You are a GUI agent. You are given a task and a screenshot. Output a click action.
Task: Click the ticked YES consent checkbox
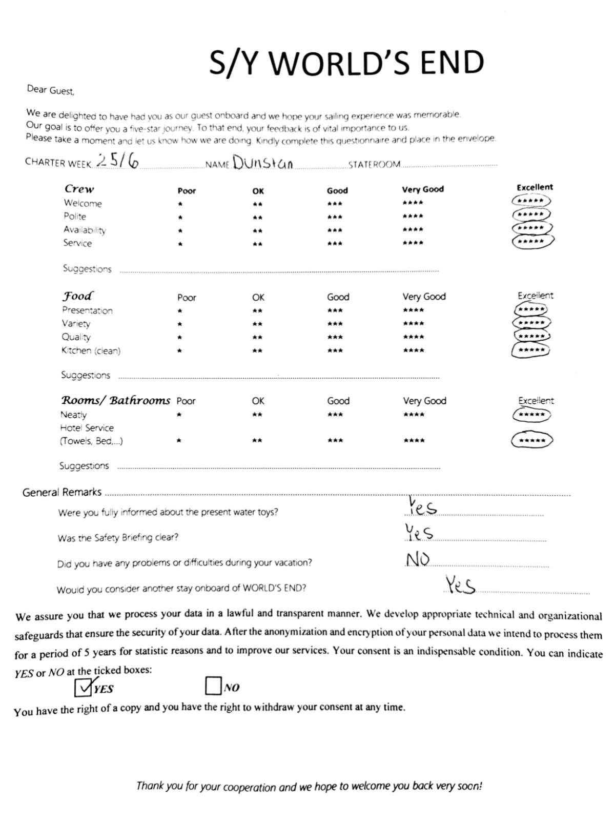coord(83,687)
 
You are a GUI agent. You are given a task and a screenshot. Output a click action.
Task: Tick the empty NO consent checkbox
coord(213,685)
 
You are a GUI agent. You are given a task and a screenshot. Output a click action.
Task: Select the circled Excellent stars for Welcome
coord(531,201)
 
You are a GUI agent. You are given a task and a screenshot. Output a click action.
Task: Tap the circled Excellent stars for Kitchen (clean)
coord(531,350)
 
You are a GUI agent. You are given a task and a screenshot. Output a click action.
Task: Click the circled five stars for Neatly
coord(532,415)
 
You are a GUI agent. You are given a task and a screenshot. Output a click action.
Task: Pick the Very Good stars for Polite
coord(413,216)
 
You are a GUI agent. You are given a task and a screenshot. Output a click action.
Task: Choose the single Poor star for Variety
coord(180,324)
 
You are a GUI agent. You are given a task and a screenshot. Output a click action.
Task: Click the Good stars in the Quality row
coord(335,337)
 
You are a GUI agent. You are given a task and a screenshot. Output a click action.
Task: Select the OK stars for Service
coord(258,244)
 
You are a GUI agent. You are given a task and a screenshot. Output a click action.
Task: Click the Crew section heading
coord(79,189)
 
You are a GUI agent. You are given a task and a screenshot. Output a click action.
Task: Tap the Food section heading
coord(78,296)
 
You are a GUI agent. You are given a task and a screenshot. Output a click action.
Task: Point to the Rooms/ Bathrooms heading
coord(116,400)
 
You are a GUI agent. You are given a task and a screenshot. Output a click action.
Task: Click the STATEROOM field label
coord(374,165)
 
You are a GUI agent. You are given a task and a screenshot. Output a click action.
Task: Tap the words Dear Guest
coord(51,90)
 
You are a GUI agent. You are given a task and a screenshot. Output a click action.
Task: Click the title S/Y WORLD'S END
coord(346,63)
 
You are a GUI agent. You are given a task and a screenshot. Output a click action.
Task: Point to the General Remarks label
coord(62,492)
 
